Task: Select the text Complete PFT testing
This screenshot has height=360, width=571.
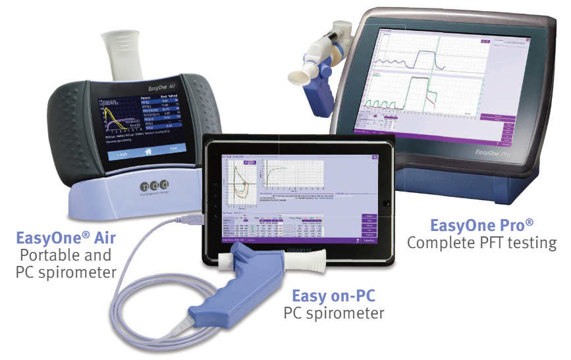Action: pos(481,243)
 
